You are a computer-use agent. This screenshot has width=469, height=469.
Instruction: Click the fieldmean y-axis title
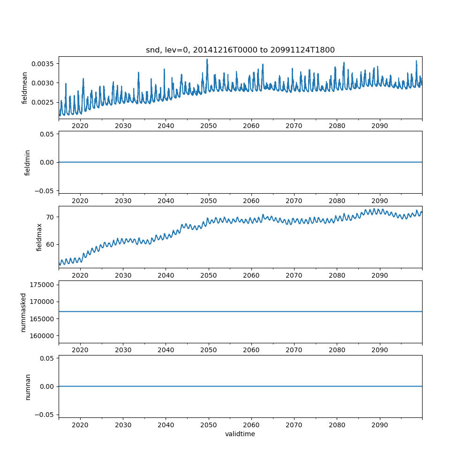tap(25, 88)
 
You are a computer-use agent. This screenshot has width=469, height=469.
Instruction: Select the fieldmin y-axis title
tap(28, 162)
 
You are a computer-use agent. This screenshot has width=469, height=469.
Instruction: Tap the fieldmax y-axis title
tap(39, 237)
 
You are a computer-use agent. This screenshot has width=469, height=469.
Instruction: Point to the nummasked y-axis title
tap(23, 312)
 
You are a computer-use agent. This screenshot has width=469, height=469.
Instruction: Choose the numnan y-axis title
tap(28, 386)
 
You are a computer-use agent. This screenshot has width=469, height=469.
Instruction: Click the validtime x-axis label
tap(240, 434)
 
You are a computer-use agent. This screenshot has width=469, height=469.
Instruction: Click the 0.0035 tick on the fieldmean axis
tap(43, 64)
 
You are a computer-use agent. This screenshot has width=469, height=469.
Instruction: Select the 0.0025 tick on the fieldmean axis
tap(43, 102)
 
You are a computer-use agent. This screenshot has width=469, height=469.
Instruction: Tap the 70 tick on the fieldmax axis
tap(50, 217)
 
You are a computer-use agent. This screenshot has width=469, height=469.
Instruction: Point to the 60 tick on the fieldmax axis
tap(50, 244)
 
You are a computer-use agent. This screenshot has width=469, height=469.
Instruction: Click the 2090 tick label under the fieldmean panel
tap(379, 126)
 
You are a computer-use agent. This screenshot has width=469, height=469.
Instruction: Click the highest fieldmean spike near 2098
tap(416, 61)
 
